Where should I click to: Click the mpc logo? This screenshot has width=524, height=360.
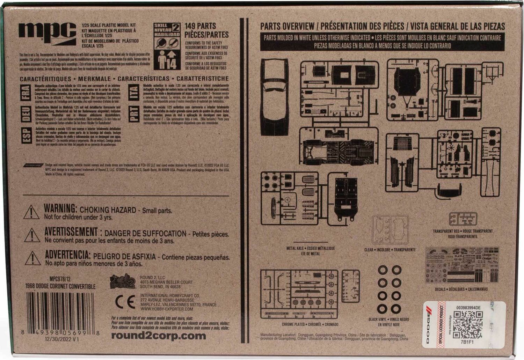pyautogui.click(x=48, y=32)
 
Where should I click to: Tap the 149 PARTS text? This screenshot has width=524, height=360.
pyautogui.click(x=200, y=26)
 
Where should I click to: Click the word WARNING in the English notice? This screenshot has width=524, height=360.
pyautogui.click(x=60, y=208)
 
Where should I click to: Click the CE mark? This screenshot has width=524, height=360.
pyautogui.click(x=125, y=302)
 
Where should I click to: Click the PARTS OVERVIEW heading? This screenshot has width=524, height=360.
pyautogui.click(x=288, y=26)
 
